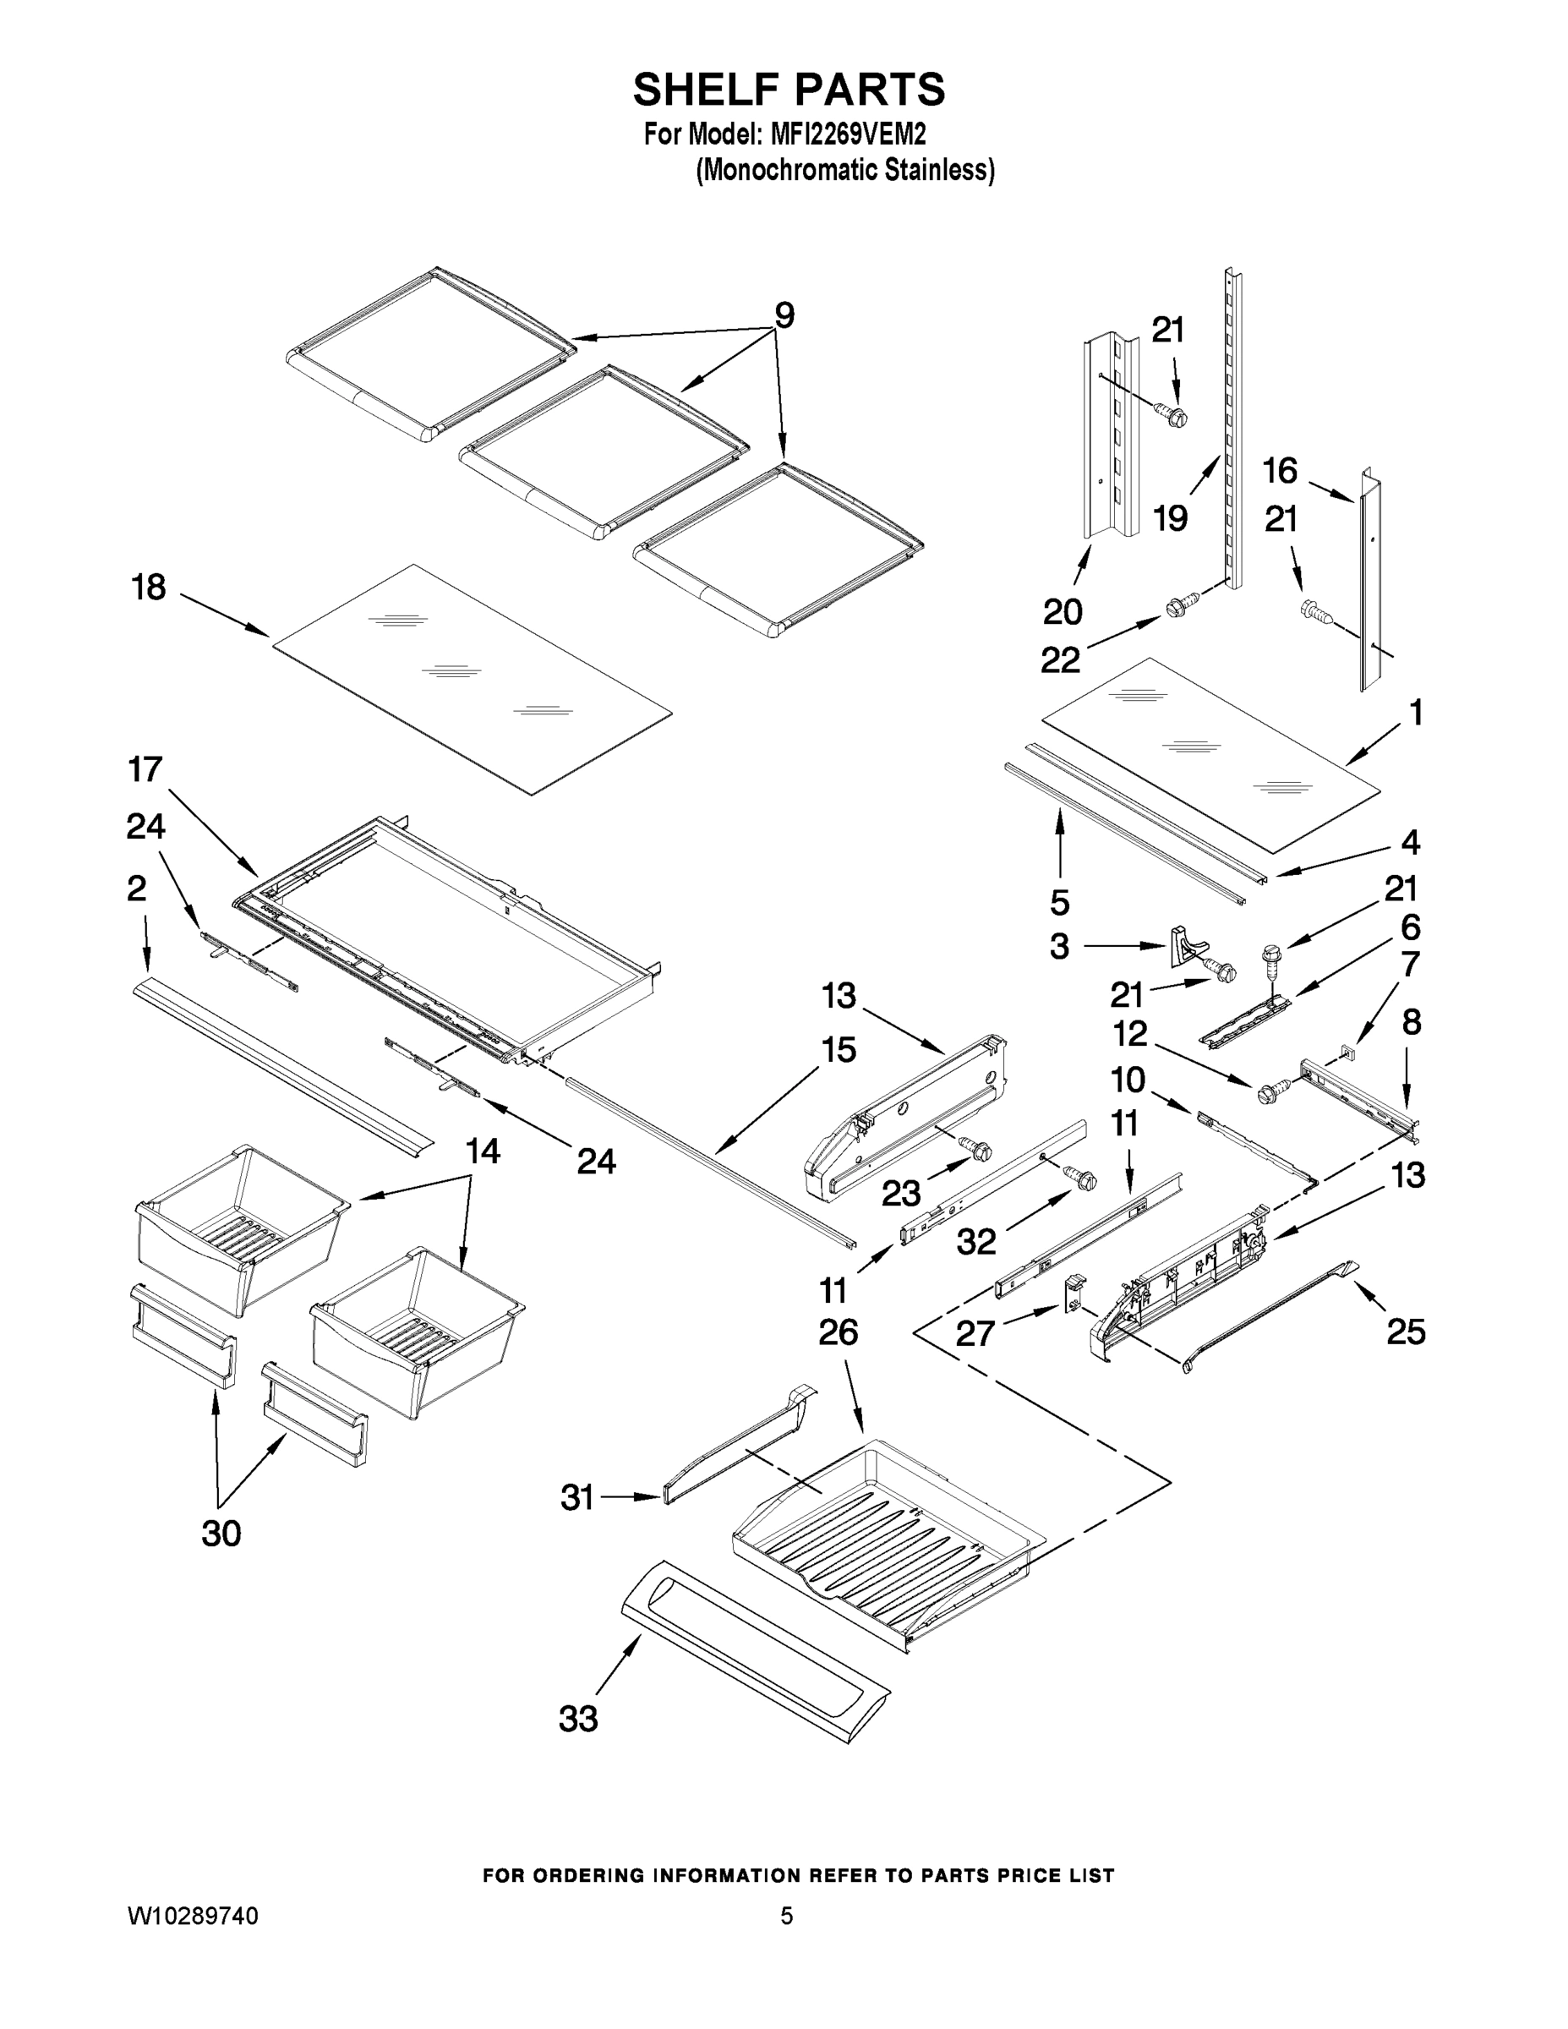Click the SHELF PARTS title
tap(789, 90)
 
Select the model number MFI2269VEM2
tap(847, 135)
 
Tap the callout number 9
tap(784, 316)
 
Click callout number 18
tap(149, 588)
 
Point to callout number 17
tap(145, 769)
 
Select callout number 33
tap(578, 1720)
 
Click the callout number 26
tap(838, 1333)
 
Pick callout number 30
tap(221, 1534)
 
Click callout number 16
tap(1279, 471)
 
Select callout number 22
tap(1060, 660)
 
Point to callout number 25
tap(1406, 1332)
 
